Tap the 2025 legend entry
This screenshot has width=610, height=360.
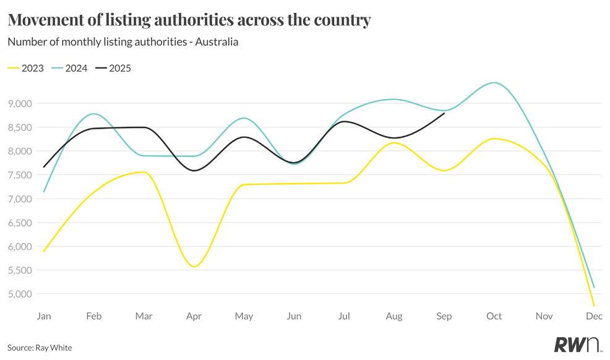coord(120,68)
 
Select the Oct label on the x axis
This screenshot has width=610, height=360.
coord(494,316)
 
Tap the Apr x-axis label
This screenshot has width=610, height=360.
coord(194,316)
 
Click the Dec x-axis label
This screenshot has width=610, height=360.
coord(594,316)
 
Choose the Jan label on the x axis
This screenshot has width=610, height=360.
coord(44,316)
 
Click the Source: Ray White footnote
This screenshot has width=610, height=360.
coord(40,348)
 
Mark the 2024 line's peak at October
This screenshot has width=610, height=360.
coord(494,83)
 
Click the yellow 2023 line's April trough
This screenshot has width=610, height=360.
coord(194,267)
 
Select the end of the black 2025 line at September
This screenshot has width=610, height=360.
coord(444,113)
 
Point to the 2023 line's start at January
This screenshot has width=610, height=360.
coord(44,251)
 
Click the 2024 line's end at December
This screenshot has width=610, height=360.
coord(594,287)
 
